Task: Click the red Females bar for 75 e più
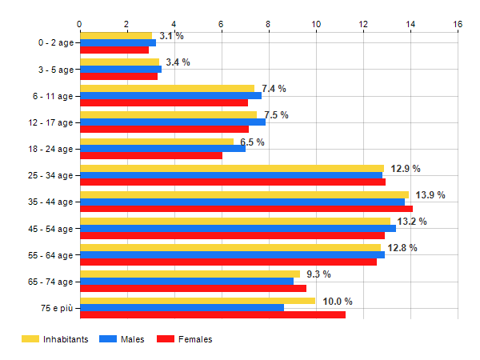213,314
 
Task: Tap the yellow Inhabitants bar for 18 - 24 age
157,142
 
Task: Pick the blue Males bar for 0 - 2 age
118,43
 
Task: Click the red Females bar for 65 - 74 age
193,288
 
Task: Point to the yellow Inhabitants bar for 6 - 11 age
167,88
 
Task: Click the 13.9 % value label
430,195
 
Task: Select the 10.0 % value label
338,302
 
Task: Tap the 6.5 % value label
252,142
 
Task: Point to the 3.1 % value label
171,36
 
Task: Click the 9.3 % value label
318,274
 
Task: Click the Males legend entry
122,340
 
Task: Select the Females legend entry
186,340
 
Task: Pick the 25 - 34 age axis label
50,176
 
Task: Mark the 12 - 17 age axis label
50,122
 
